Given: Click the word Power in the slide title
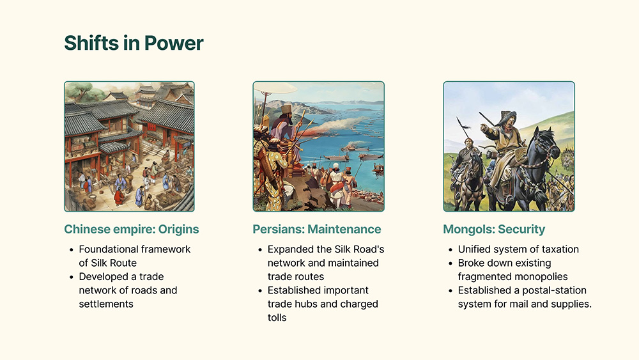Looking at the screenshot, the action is pyautogui.click(x=174, y=43).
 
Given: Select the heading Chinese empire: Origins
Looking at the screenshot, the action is pyautogui.click(x=132, y=229).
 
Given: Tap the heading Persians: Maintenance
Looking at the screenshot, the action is pyautogui.click(x=317, y=229).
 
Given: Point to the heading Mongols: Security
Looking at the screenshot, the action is pyautogui.click(x=494, y=229).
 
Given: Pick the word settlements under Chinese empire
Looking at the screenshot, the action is pyautogui.click(x=106, y=304).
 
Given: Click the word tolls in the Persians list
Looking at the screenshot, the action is pyautogui.click(x=277, y=318).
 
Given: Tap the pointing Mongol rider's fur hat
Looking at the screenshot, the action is pyautogui.click(x=508, y=116).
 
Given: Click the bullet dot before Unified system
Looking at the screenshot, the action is pyautogui.click(x=450, y=250).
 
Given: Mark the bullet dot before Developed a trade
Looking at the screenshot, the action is pyautogui.click(x=72, y=278).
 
